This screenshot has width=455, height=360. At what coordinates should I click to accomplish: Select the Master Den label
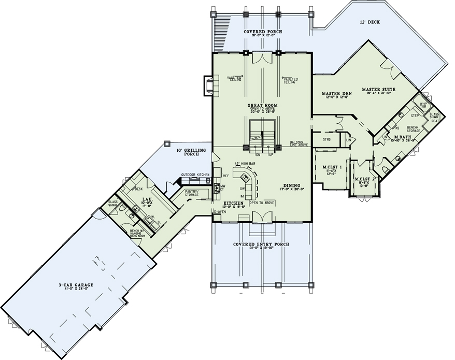point(339,93)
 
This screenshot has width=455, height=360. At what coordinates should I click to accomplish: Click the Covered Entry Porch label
point(261,244)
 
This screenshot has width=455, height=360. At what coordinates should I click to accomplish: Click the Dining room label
point(293,185)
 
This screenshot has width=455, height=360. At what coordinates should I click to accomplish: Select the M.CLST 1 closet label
point(331,167)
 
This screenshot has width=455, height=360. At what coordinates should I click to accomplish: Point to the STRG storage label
point(326,139)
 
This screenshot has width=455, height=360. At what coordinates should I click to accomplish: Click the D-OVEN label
point(220,212)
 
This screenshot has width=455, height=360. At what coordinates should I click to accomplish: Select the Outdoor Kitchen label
point(195,175)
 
